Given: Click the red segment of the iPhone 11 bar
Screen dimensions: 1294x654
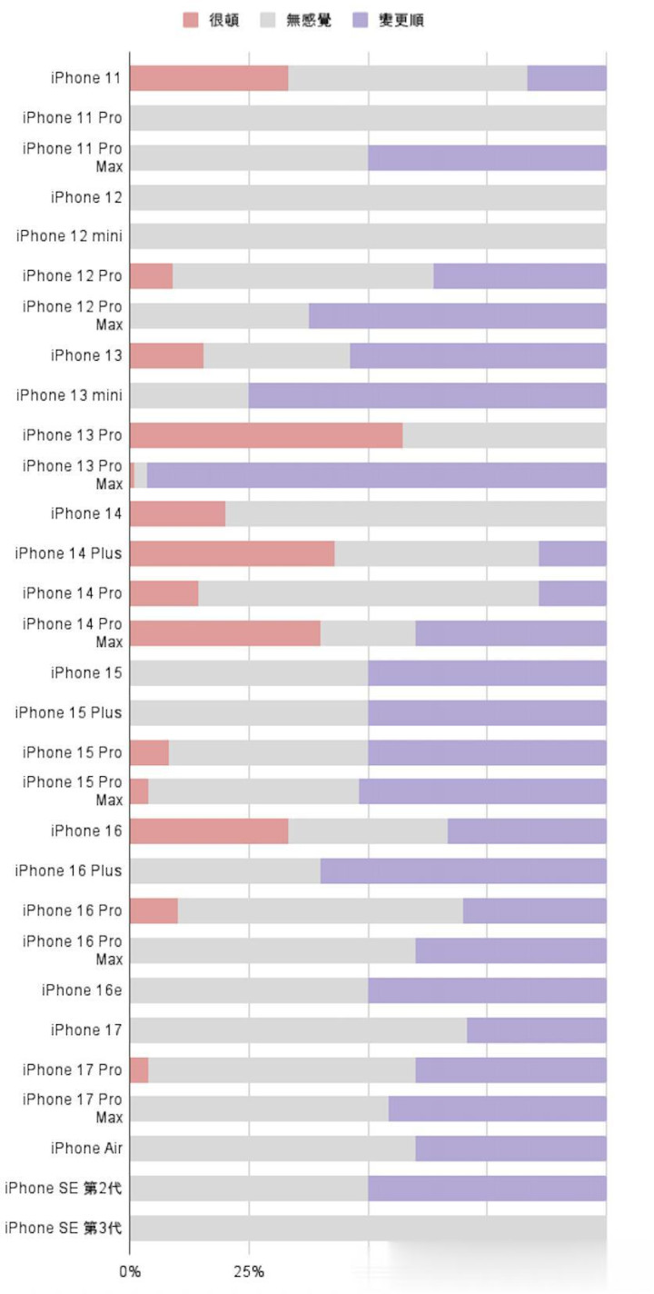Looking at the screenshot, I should pos(209,78).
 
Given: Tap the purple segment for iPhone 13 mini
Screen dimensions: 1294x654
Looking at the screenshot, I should pos(427,395).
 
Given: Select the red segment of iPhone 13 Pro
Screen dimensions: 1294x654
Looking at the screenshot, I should pos(266,435).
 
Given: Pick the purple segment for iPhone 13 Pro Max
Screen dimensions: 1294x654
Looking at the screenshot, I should pos(376,475).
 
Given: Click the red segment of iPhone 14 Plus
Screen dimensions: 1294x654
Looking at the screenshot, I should pos(232,553).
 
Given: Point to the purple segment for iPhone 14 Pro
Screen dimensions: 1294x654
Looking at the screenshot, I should pos(572,593).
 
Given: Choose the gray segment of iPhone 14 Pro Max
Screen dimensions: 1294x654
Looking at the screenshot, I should pos(368,633).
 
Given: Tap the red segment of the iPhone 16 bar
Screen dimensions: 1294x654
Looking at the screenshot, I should pos(209,831).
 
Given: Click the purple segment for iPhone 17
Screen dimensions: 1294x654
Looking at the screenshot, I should pos(536,1030).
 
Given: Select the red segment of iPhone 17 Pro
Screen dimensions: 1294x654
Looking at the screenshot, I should pos(139,1070).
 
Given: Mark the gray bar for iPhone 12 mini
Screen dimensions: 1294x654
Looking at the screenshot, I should pos(368,236).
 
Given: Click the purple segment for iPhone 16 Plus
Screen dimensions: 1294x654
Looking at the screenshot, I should pos(463,871).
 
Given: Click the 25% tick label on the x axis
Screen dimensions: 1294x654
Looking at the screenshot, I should pos(249,1271).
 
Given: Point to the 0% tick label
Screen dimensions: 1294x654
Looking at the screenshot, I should pos(130,1271).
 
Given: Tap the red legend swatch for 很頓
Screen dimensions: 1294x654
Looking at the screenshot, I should pos(191,20).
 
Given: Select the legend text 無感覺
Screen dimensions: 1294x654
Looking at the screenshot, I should pos(308,20).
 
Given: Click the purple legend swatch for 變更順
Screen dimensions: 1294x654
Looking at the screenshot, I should pos(360,20).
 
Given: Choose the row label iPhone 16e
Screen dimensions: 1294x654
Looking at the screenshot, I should pos(81,990).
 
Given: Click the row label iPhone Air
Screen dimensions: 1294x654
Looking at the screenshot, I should pos(86,1149).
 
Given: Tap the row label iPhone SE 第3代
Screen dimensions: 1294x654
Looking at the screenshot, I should pos(64,1229).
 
